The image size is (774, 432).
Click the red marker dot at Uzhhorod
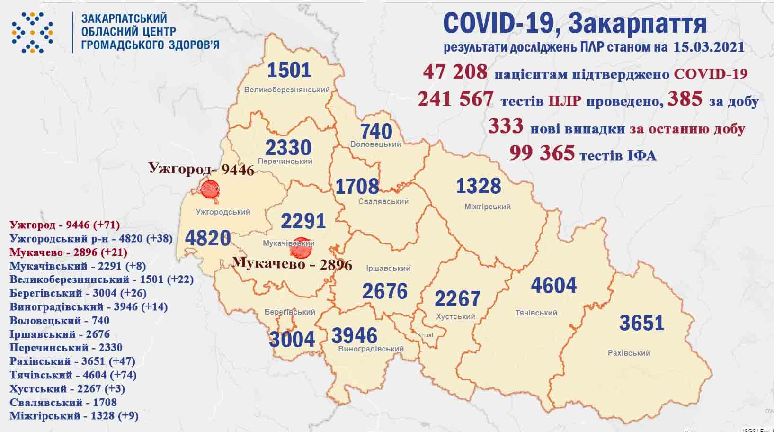[210, 189]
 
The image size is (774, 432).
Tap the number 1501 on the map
[289, 70]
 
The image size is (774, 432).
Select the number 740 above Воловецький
[376, 131]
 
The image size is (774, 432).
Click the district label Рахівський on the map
[629, 353]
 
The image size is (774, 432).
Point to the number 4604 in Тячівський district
[553, 285]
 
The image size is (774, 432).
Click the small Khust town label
[425, 335]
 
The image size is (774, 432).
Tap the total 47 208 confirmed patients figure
[455, 72]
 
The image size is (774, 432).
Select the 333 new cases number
[505, 126]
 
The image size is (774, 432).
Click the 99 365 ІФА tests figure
[542, 153]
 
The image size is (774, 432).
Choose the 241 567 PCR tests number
[455, 99]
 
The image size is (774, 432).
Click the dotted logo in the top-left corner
[32, 32]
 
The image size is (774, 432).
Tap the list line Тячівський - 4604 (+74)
[73, 375]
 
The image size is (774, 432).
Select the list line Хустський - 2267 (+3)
[67, 389]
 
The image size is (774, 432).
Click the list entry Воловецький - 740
[59, 321]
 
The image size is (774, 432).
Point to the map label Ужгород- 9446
[201, 169]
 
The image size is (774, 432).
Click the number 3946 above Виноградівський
[355, 335]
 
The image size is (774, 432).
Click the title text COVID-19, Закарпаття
[575, 23]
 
